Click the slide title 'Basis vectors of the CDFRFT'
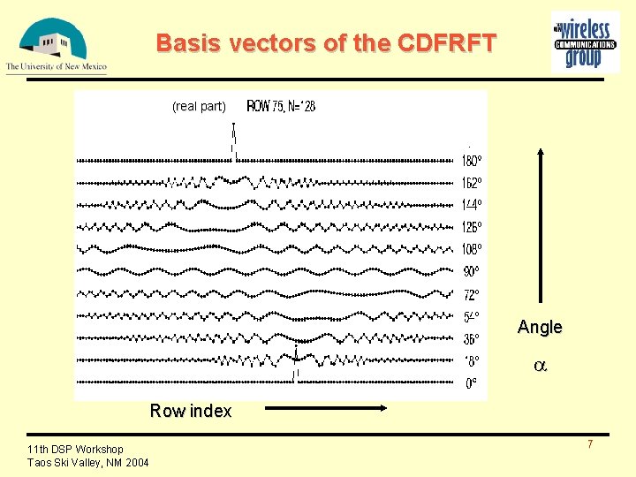coord(326,42)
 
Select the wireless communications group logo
coord(585,42)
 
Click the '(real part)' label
coord(199,107)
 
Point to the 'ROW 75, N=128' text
coord(281,107)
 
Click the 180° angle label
coord(473,161)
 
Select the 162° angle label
coord(473,183)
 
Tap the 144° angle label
coord(473,205)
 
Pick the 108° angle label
coord(473,249)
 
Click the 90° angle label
coord(473,271)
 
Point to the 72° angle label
coord(473,294)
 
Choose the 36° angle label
coord(473,339)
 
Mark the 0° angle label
coord(472,383)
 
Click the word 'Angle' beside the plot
coord(540,327)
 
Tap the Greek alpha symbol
coord(540,365)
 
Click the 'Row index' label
coord(191,411)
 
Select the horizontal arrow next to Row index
coord(327,408)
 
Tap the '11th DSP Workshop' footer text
coord(75,450)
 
